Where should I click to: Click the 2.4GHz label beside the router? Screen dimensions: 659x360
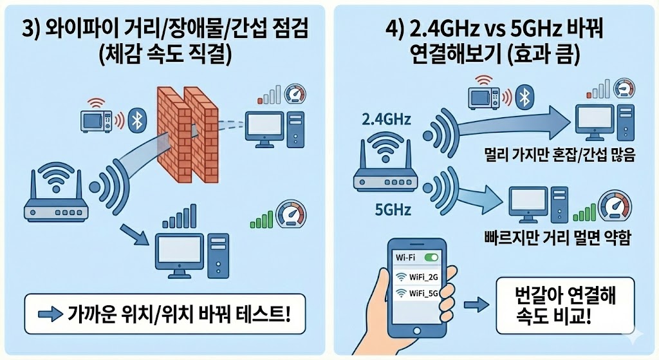[386, 119]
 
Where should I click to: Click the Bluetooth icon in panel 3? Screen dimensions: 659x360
[136, 119]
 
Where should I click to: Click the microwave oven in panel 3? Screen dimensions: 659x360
[97, 120]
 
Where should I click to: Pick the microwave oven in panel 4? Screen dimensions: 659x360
[487, 97]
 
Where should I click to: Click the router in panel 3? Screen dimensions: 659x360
[55, 196]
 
